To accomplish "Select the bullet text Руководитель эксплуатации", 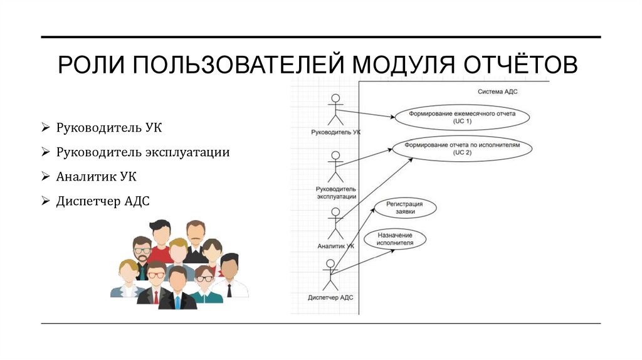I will tap(143, 152).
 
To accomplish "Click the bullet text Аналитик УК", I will tap(96, 177).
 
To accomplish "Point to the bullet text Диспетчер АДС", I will tap(103, 201).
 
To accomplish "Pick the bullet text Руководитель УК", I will tap(109, 128).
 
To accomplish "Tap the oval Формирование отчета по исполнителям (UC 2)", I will tap(462, 149).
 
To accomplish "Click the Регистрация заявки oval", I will tap(404, 208).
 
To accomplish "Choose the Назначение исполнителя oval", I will tap(396, 240).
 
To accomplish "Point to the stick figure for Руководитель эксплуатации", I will tap(336, 167).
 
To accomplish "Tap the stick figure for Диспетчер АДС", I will tap(330, 275).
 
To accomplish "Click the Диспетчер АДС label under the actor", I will tap(330, 297).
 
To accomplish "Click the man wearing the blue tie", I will tap(177, 289).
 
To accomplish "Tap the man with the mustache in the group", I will tap(196, 239).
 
